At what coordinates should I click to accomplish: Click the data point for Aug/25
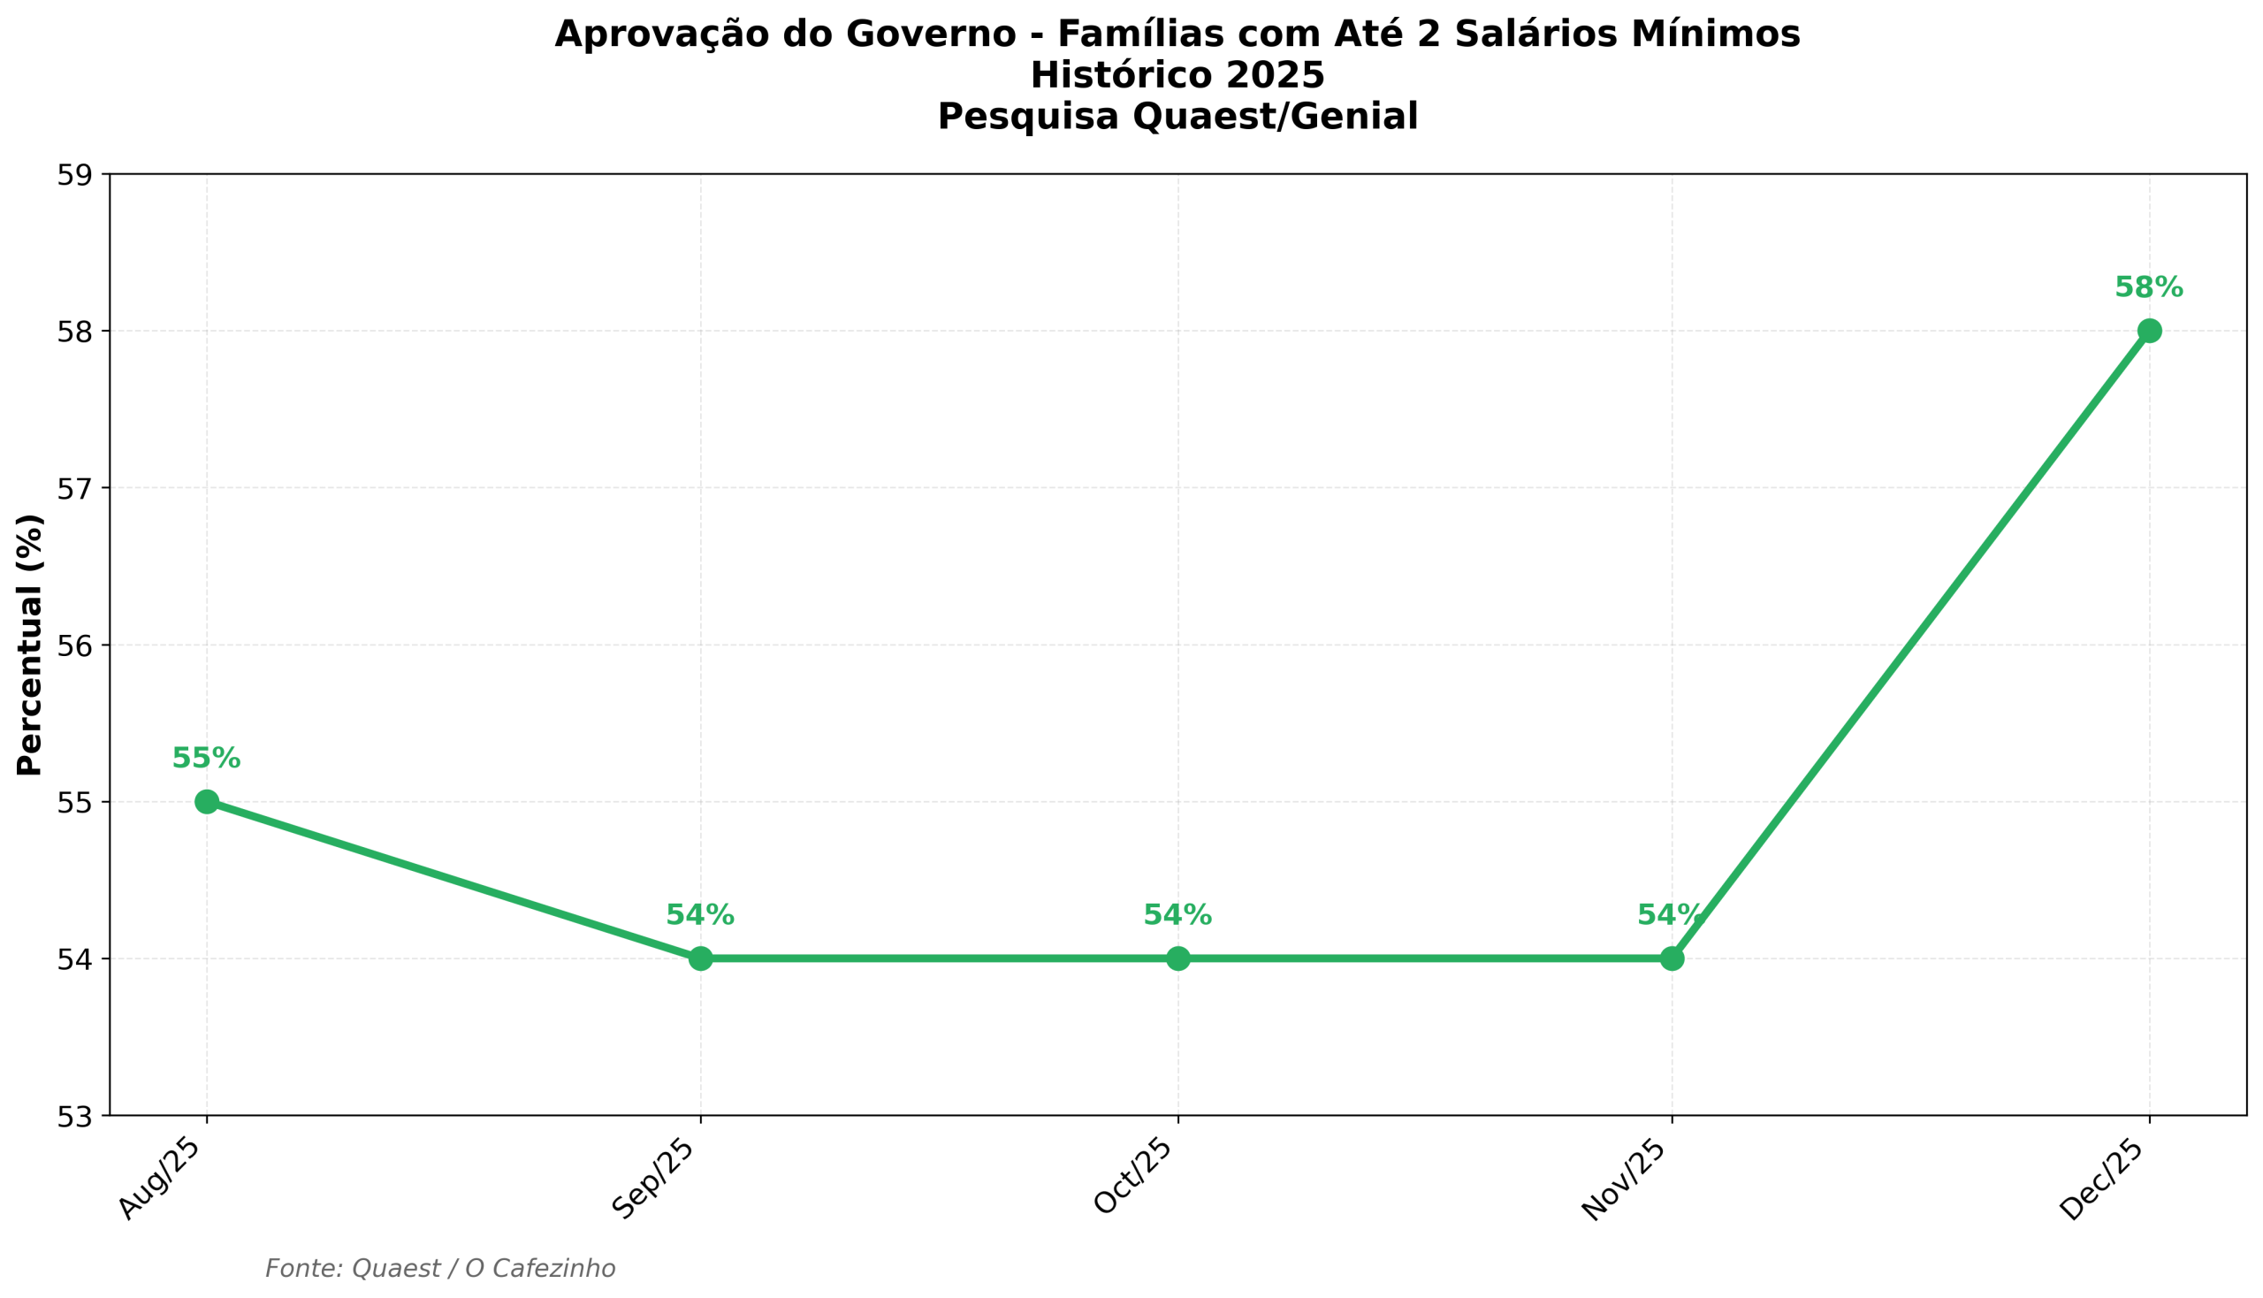point(207,801)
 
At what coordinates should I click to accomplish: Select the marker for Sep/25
point(701,958)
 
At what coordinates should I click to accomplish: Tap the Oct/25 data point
point(1178,958)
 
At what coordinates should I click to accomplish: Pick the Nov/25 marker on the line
point(1672,958)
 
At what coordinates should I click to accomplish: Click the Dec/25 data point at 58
point(2149,331)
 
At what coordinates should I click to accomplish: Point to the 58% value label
point(2149,288)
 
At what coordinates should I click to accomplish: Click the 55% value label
point(206,759)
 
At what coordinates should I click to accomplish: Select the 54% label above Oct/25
point(1177,915)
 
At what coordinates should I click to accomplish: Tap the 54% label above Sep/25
point(701,915)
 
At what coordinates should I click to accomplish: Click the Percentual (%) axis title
point(29,645)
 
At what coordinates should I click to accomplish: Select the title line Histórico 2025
point(1177,76)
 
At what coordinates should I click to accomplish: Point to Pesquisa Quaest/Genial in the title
point(1177,117)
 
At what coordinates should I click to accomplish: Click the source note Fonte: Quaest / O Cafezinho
point(440,1269)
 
